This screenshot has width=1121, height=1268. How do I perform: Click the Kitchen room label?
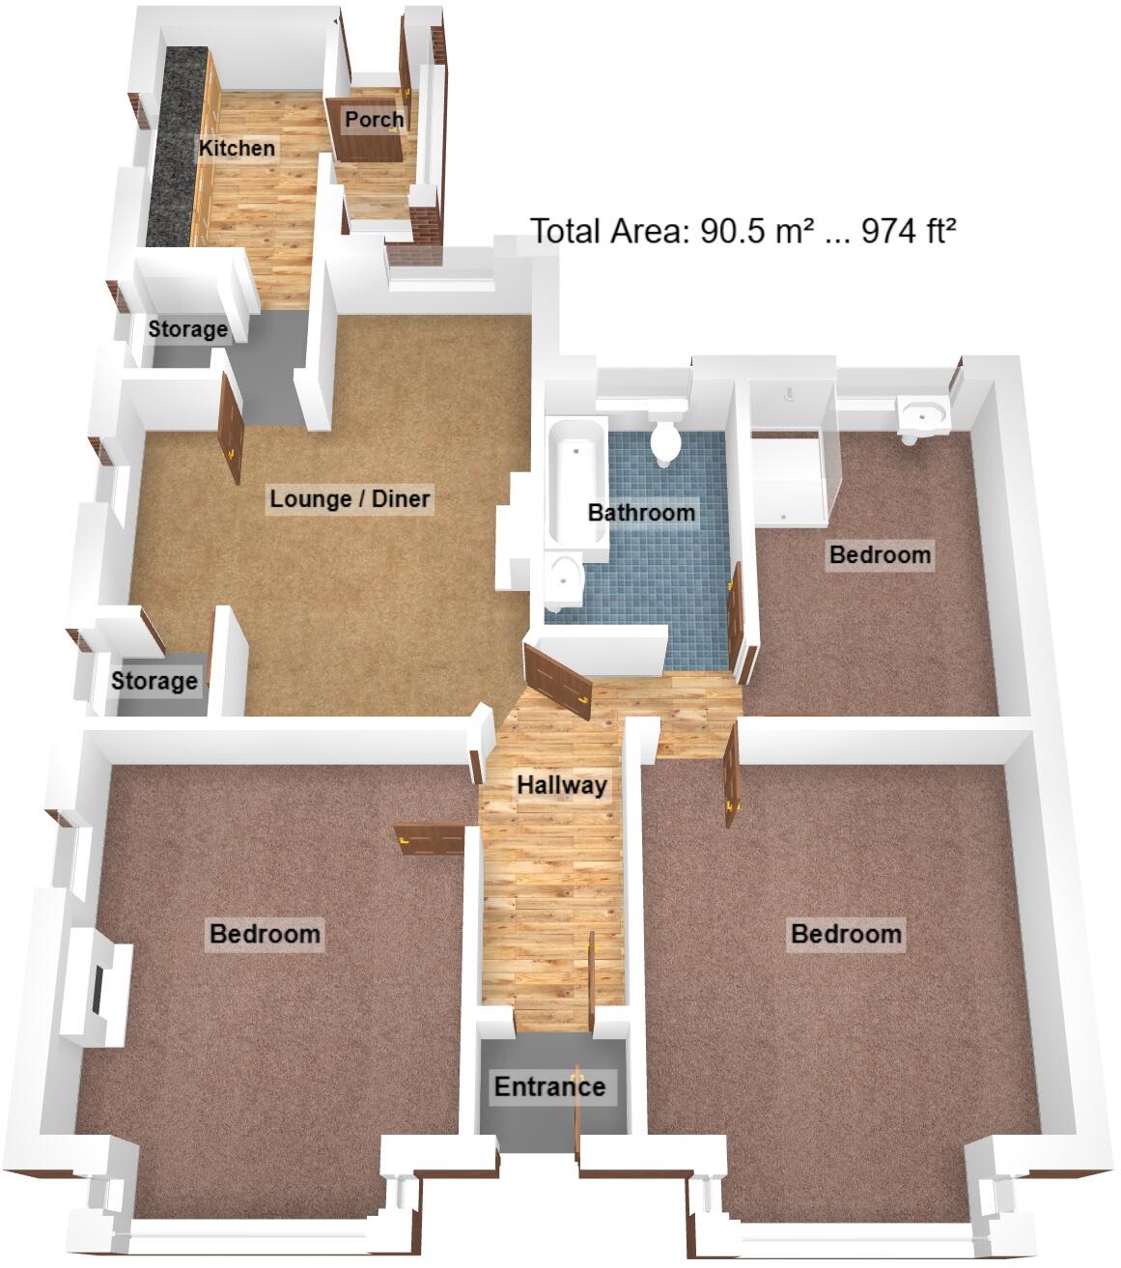pos(237,148)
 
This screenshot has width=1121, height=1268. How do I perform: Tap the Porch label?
pos(375,119)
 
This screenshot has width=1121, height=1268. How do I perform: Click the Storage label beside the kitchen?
pos(187,329)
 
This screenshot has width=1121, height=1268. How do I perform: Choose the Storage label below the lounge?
pos(154,681)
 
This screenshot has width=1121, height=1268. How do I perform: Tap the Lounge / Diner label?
pos(350,498)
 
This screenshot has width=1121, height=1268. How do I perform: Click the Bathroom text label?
pos(641,512)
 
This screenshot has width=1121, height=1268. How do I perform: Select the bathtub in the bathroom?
pos(575,483)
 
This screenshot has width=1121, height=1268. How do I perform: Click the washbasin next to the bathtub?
pos(563,579)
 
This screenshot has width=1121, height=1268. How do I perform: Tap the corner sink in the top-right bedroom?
pos(922,417)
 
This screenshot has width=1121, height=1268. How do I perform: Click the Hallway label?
pos(561,784)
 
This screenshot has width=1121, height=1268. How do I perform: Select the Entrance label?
pos(549,1086)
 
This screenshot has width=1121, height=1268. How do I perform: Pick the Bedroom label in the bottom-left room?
pos(265,934)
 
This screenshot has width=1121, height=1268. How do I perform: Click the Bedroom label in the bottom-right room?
pos(846,934)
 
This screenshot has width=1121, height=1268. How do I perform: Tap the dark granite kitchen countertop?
pos(179,145)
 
